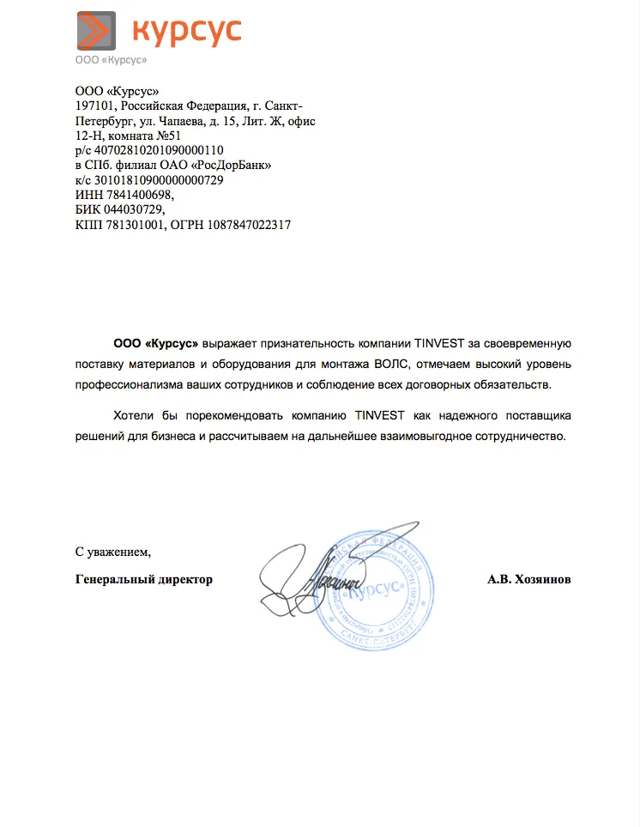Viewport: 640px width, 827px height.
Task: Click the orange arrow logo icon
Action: [95, 31]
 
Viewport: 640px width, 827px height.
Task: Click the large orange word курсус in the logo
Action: [187, 31]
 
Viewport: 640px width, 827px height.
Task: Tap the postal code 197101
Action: [94, 106]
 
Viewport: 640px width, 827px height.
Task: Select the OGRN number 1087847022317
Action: [249, 226]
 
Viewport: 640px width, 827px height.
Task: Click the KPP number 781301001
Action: [133, 226]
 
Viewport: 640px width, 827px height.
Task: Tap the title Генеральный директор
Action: [143, 579]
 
